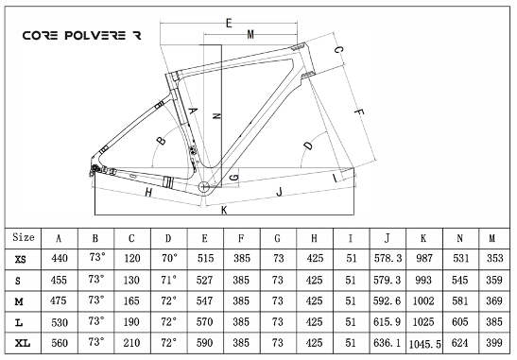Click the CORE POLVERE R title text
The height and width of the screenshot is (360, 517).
82,35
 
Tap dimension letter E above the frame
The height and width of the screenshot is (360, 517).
229,23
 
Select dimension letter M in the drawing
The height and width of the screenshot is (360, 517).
250,34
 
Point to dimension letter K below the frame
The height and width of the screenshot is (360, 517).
224,210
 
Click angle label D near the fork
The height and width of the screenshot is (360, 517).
308,146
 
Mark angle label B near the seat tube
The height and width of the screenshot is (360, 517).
162,141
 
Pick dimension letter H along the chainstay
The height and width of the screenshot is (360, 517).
148,192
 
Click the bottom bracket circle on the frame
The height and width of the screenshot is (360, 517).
204,187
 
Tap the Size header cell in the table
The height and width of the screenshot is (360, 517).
24,237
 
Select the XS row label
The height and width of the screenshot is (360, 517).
20,260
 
